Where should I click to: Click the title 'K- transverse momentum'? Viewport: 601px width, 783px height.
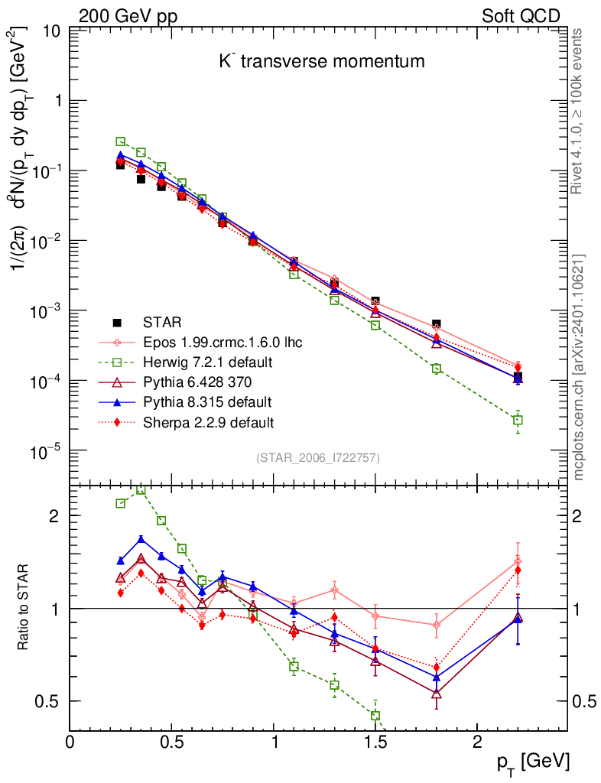click(x=321, y=61)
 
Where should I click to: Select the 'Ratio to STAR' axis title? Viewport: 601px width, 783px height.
click(x=24, y=608)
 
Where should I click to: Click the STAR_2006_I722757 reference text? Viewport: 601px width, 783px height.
click(x=317, y=458)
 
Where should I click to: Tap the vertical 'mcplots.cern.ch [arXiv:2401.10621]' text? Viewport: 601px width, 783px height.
click(x=580, y=367)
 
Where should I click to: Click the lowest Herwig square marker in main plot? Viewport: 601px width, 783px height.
click(x=518, y=420)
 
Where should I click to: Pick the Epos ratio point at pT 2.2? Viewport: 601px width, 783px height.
click(x=518, y=562)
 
